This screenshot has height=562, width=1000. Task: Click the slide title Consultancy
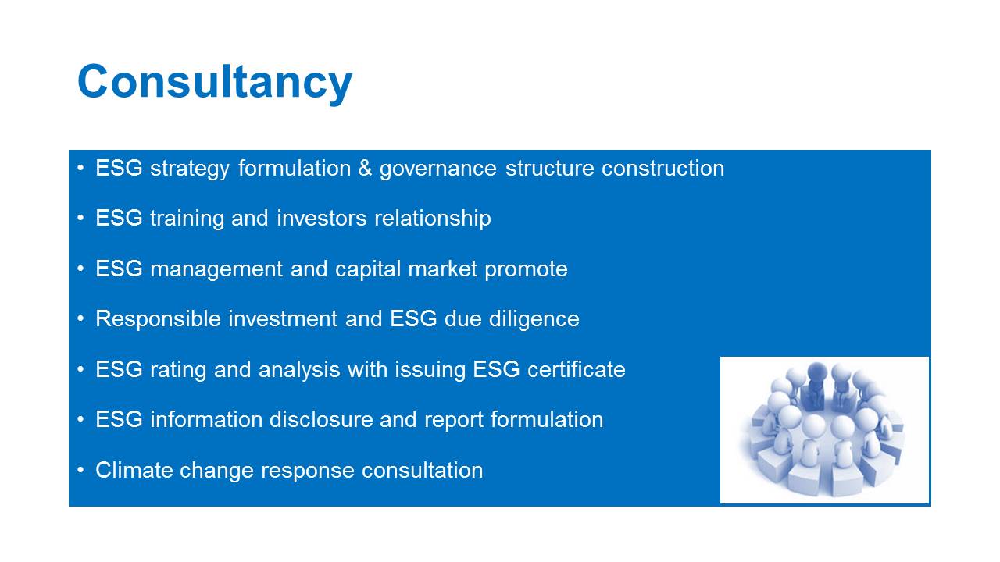215,83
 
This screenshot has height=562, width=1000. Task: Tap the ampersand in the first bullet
365,168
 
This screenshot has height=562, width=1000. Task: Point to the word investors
321,218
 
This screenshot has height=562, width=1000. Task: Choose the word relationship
433,219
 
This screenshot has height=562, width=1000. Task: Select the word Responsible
158,319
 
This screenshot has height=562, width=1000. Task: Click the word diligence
534,319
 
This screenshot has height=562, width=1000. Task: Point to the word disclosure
321,419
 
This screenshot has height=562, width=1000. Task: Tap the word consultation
423,470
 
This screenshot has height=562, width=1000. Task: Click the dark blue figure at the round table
816,386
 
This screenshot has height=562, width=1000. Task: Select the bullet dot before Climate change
80,470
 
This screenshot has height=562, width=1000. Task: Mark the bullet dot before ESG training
80,218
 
